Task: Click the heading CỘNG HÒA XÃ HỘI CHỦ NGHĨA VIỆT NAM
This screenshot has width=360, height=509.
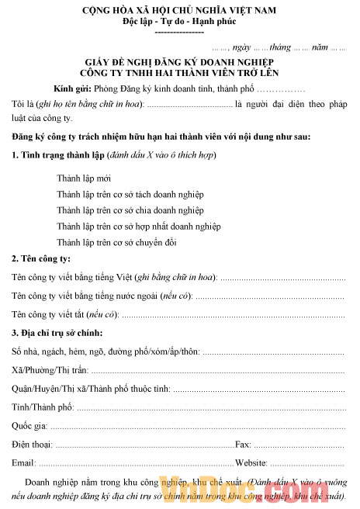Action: tap(179, 11)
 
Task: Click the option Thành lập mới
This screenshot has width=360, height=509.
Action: tap(83, 178)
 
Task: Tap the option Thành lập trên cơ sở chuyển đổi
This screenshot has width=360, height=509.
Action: tap(116, 242)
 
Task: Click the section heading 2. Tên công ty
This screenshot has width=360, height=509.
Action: tap(41, 259)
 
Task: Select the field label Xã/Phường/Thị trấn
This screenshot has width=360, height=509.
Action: tap(50, 371)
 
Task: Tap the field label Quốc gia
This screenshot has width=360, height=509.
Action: tap(29, 426)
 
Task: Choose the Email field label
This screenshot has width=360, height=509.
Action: tap(24, 463)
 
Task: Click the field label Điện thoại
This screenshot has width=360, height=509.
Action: tap(32, 445)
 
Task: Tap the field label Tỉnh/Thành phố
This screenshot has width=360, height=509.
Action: tap(42, 407)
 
